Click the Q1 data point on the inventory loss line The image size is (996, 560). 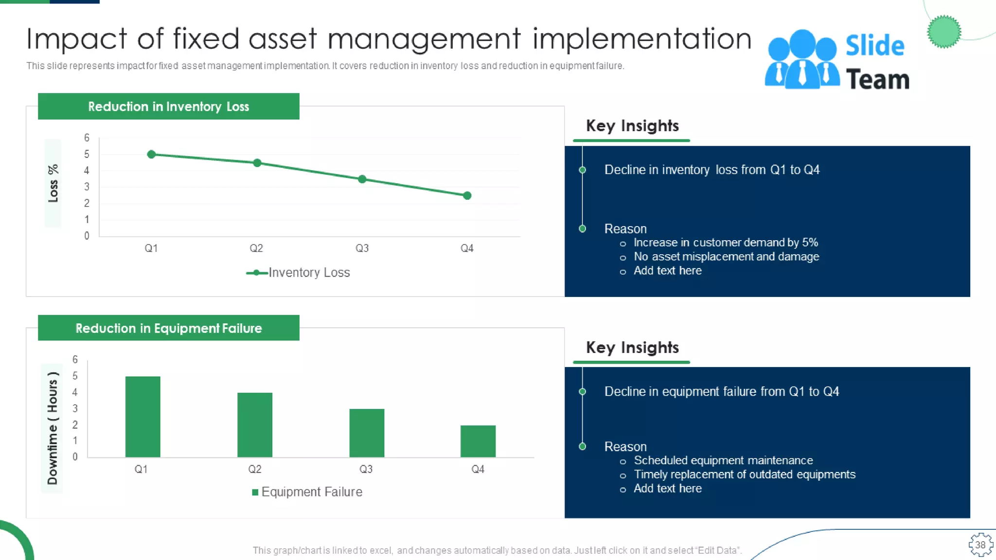coord(151,154)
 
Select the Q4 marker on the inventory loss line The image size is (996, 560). coord(467,195)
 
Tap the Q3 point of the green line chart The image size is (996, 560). coord(362,179)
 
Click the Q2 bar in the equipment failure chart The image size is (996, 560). coord(255,424)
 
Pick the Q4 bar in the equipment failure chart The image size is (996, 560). coord(478,441)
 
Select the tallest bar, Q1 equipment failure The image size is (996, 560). coord(142,416)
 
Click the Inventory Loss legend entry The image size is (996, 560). coord(299,273)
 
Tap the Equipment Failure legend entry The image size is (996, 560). coord(307,492)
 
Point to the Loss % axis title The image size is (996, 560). coord(53,183)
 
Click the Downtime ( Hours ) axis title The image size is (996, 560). coord(52,428)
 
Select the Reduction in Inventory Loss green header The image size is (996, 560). coord(168,106)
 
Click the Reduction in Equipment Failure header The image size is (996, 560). coord(168,328)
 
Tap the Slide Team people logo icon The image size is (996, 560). coord(802,59)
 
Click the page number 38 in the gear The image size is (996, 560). coord(980,545)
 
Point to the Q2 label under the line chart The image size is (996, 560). coord(256,248)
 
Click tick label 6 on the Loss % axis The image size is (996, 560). coord(87,138)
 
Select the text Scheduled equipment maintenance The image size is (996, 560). coord(723,460)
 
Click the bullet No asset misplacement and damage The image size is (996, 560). coord(726,257)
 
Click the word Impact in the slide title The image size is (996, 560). coord(76,39)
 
